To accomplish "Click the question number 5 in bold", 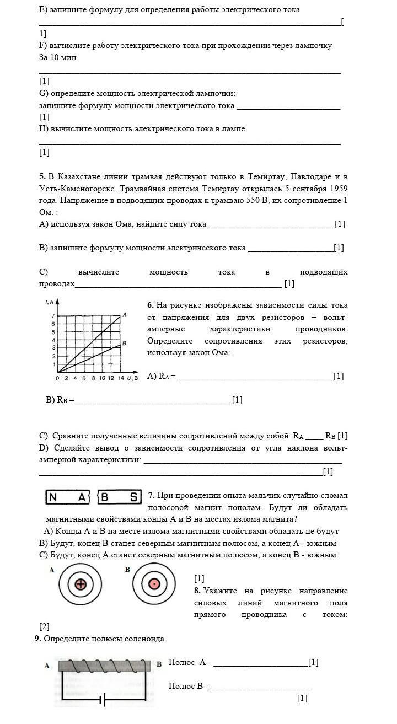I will [42, 177].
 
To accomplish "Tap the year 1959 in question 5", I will [337, 189].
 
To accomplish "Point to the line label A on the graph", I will [125, 314].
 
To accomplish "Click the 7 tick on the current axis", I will [53, 316].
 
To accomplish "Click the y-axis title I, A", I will [49, 302].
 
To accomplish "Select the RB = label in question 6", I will [60, 400].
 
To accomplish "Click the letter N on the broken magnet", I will [53, 497].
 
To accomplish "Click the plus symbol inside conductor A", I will [81, 585].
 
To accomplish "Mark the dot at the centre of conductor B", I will [154, 585].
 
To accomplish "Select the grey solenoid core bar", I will [104, 666].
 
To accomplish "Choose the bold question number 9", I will [37, 639].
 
